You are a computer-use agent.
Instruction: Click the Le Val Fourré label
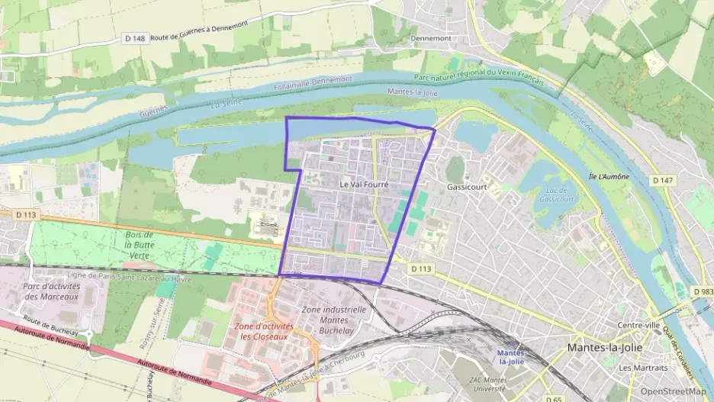[364, 185]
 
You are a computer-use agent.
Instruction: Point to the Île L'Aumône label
[607, 176]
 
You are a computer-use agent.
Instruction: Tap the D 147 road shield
[661, 180]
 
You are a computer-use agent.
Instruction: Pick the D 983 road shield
[703, 292]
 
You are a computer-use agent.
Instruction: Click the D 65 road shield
[555, 398]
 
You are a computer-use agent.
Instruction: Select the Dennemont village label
[431, 37]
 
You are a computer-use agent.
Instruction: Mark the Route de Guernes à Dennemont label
[200, 35]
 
